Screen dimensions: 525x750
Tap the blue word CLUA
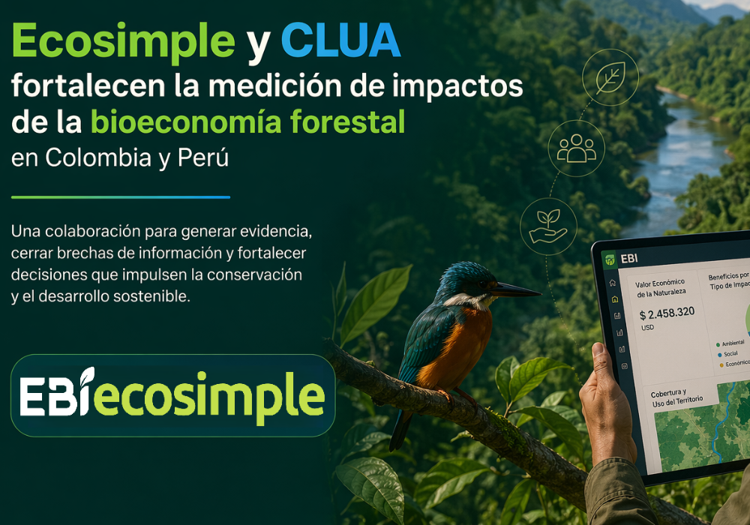(x=341, y=41)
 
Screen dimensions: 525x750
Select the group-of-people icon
(x=576, y=148)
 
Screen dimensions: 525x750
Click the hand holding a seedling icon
(x=548, y=226)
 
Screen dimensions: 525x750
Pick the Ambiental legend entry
(x=732, y=343)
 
